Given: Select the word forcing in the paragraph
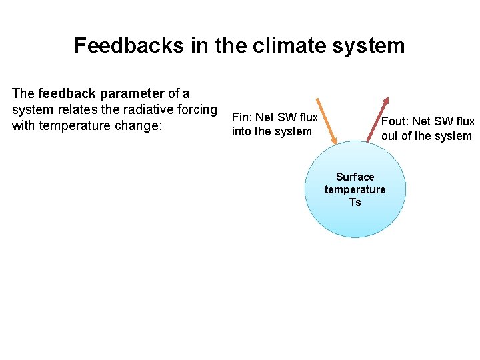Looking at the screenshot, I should point(197,109).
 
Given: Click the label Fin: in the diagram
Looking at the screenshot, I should point(241,118).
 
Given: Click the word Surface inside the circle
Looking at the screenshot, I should point(355,177).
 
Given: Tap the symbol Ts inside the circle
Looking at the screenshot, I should point(355,202).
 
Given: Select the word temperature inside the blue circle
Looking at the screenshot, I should point(355,189).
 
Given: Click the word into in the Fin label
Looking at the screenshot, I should point(241,131).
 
